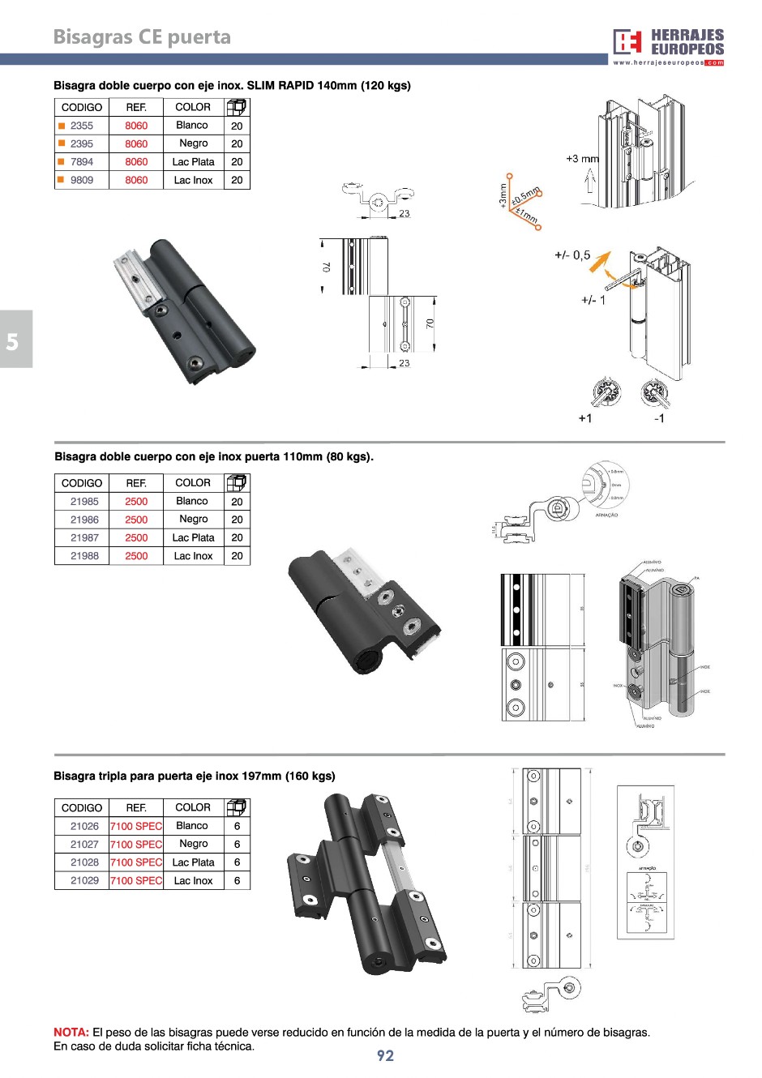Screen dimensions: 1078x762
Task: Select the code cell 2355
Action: [x=81, y=126]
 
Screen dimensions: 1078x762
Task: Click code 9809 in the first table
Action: [x=81, y=180]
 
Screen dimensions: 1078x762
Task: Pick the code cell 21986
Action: [x=84, y=520]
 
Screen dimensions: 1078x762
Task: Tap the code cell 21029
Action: [x=84, y=880]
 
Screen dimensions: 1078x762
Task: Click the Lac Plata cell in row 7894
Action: [x=193, y=162]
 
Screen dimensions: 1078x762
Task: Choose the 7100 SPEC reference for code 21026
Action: [x=136, y=826]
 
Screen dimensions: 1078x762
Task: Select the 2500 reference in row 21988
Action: [x=136, y=556]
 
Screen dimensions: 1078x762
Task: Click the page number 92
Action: [x=385, y=1055]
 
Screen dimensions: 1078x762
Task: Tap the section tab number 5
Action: [x=12, y=341]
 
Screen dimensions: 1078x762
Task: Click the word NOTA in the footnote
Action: [x=71, y=1032]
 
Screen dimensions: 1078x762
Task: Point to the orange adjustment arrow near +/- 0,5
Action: [x=600, y=262]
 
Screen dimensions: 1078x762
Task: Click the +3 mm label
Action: [x=582, y=159]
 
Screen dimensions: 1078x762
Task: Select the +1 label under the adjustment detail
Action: [x=585, y=418]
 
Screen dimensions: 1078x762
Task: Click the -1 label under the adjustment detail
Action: [x=659, y=418]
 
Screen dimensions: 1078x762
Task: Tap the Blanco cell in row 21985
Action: [x=192, y=501]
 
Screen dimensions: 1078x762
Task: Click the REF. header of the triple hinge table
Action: [x=136, y=807]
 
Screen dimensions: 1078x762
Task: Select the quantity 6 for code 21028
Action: [x=237, y=862]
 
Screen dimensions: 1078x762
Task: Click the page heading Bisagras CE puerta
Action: [x=142, y=37]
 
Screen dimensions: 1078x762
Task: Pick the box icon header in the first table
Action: [x=236, y=107]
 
